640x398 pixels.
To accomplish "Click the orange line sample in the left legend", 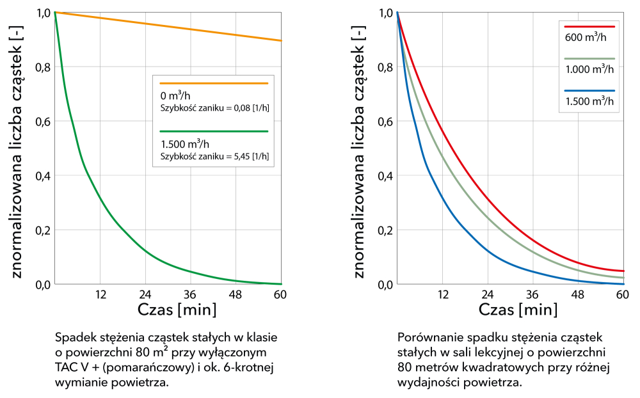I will pyautogui.click(x=213, y=83).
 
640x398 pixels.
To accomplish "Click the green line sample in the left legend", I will pyautogui.click(x=213, y=131).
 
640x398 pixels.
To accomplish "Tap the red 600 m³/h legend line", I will pyautogui.click(x=589, y=27).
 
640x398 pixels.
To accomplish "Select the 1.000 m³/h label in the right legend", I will pyautogui.click(x=589, y=69).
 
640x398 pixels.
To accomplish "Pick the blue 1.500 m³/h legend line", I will pyautogui.click(x=589, y=91).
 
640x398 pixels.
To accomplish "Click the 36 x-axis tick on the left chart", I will pyautogui.click(x=190, y=295).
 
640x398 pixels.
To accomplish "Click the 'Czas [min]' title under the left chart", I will pyautogui.click(x=177, y=310).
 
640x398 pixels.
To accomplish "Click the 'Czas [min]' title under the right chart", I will pyautogui.click(x=518, y=310).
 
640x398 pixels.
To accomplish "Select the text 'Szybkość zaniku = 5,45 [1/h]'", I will pyautogui.click(x=214, y=155).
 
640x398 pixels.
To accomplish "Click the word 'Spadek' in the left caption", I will pyautogui.click(x=73, y=337).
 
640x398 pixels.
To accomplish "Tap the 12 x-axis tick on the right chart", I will pyautogui.click(x=442, y=295).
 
